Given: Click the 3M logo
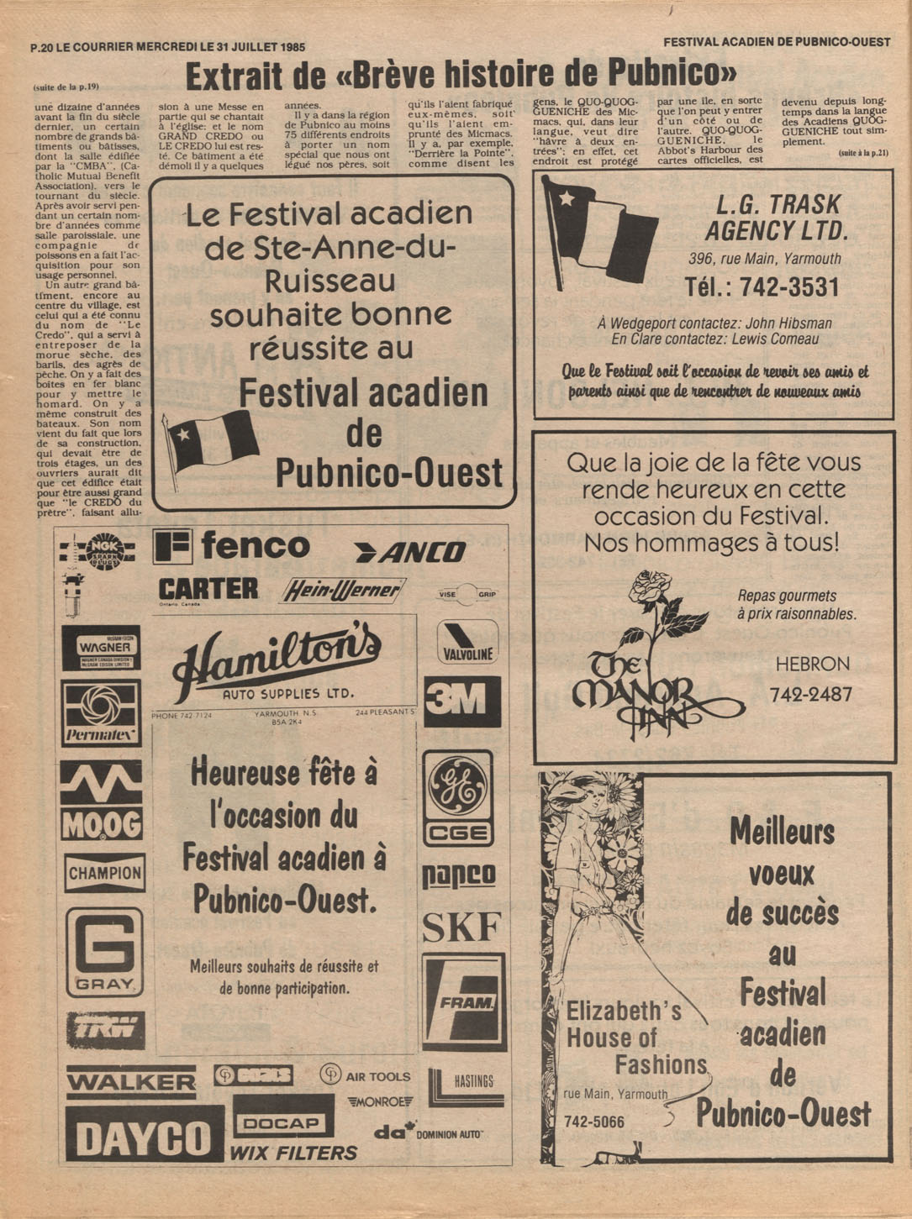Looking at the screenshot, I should [x=461, y=701].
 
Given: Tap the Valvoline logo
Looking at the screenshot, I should [x=467, y=643].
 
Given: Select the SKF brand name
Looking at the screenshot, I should [x=461, y=927].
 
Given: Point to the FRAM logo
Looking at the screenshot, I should [x=464, y=1002].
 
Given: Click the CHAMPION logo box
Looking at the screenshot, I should [x=105, y=874].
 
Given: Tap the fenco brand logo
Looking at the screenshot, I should [x=232, y=547].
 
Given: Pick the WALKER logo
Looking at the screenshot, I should [x=130, y=1081].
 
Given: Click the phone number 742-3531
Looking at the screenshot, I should [x=762, y=287].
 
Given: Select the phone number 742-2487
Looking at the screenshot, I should [x=810, y=695].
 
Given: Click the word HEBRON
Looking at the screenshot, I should [x=812, y=664].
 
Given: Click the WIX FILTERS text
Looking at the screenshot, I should [x=293, y=1153].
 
